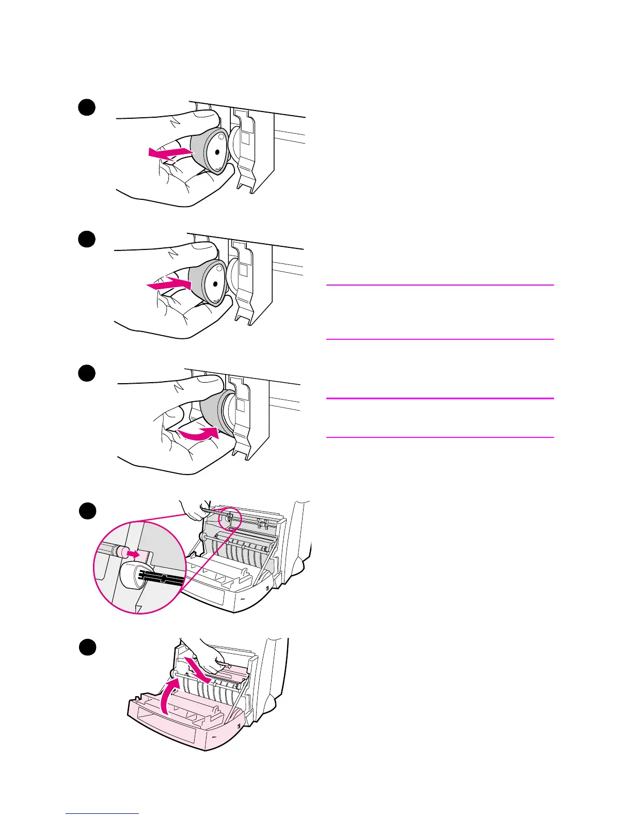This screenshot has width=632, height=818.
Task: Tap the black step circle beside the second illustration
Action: pyautogui.click(x=87, y=240)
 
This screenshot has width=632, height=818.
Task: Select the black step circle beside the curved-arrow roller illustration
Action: pyautogui.click(x=87, y=373)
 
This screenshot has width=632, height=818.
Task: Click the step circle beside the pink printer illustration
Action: pyautogui.click(x=87, y=647)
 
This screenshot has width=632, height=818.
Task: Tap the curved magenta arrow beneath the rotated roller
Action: pyautogui.click(x=198, y=434)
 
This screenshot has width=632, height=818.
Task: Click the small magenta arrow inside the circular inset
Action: pyautogui.click(x=133, y=554)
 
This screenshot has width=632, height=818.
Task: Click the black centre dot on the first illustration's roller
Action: pyautogui.click(x=217, y=152)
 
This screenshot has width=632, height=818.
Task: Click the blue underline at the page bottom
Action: pyautogui.click(x=102, y=814)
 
